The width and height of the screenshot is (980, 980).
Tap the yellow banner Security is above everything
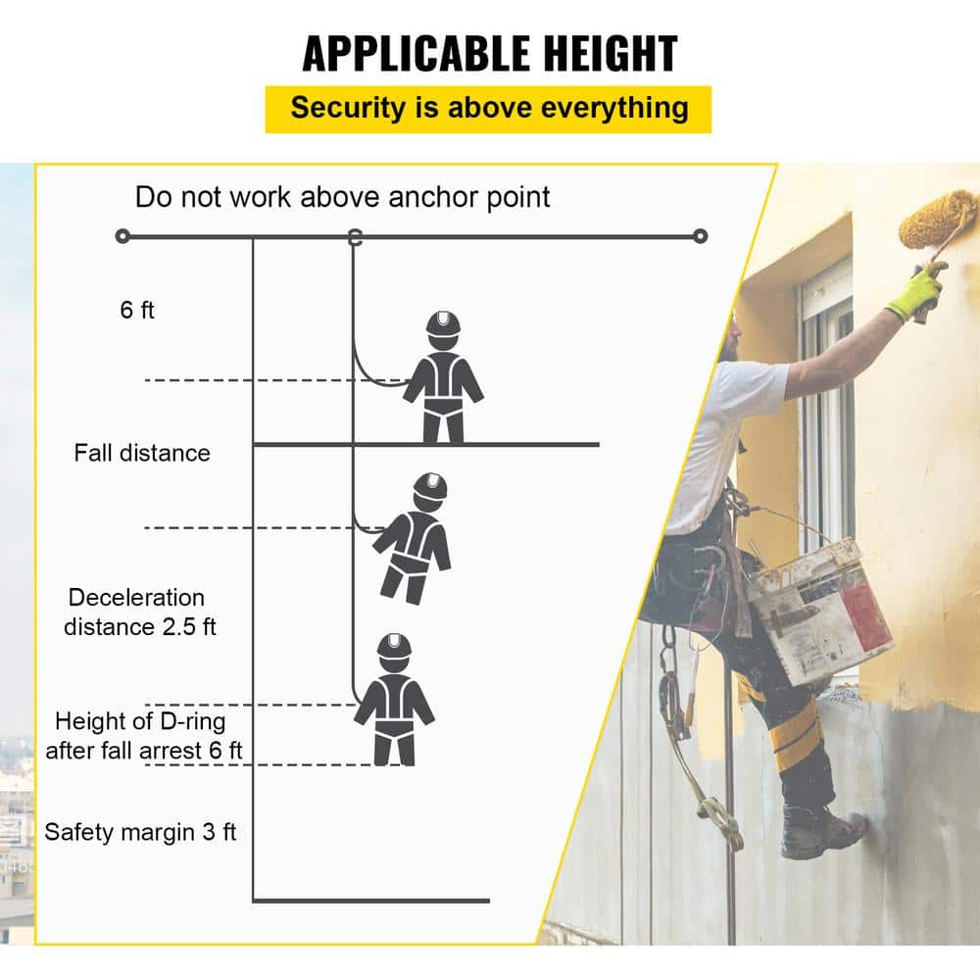[489, 108]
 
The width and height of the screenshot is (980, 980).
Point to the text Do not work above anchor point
[342, 196]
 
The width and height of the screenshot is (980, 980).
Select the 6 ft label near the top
[138, 310]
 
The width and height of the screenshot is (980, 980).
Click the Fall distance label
[142, 453]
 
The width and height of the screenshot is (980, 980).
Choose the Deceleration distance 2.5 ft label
[139, 612]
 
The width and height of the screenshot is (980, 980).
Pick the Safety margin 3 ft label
[141, 833]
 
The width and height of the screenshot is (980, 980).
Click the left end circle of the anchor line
[122, 236]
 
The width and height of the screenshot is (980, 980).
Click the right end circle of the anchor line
[700, 236]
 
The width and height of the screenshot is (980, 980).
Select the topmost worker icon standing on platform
[443, 377]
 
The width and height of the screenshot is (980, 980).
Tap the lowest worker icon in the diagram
[394, 699]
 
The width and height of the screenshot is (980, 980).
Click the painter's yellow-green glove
[917, 293]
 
